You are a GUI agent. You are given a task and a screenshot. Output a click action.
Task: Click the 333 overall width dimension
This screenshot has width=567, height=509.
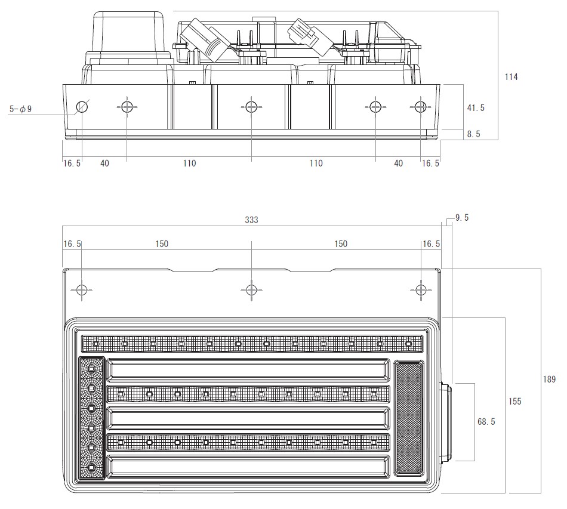click(251, 220)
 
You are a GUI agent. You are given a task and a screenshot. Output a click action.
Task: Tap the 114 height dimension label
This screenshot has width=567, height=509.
click(511, 76)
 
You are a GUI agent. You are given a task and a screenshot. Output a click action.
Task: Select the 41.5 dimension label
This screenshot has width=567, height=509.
click(476, 108)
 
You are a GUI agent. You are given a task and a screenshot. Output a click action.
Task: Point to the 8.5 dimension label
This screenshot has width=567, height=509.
click(473, 134)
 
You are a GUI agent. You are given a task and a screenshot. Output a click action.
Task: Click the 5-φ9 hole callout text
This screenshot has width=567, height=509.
click(21, 109)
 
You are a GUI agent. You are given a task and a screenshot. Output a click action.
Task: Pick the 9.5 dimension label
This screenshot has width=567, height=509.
click(462, 218)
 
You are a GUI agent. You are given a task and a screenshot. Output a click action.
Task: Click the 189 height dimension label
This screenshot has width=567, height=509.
click(549, 380)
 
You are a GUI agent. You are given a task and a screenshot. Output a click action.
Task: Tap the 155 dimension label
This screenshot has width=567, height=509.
click(514, 401)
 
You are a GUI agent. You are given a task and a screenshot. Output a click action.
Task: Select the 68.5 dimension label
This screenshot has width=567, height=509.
click(486, 421)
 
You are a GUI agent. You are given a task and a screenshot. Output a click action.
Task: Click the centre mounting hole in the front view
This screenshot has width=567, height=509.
click(251, 290)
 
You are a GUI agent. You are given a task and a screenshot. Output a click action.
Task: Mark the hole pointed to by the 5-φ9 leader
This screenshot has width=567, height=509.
click(82, 107)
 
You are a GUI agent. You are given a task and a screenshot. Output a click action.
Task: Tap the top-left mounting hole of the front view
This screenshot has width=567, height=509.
click(82, 290)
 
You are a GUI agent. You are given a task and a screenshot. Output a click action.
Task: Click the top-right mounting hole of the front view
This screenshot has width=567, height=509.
click(421, 290)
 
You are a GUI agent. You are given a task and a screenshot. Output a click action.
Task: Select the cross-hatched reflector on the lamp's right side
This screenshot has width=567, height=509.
click(408, 418)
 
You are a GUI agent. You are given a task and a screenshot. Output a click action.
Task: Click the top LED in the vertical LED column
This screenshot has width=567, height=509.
click(91, 368)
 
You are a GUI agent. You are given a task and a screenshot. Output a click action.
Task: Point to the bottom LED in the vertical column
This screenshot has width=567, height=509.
click(91, 467)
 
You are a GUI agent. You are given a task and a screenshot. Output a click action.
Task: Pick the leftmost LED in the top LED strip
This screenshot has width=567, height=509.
click(96, 344)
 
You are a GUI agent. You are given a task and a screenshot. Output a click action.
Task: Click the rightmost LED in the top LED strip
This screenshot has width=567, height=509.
click(408, 344)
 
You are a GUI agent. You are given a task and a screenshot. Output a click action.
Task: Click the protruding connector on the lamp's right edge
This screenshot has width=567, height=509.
click(446, 421)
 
